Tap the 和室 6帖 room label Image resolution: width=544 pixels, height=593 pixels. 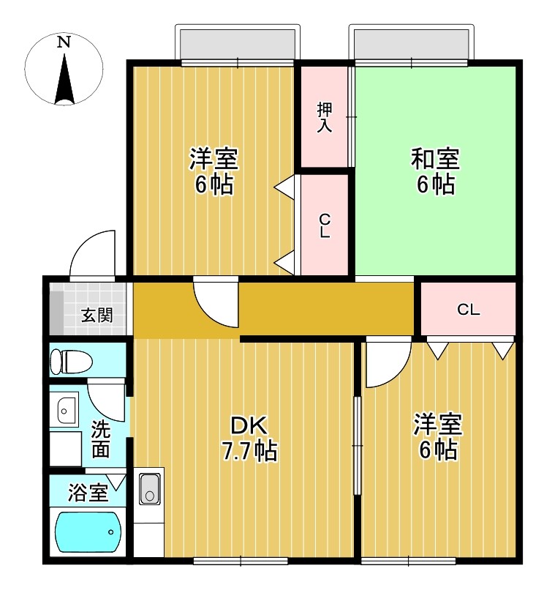(x=435, y=171)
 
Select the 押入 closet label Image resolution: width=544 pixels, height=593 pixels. (x=324, y=118)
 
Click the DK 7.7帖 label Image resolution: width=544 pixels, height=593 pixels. (x=249, y=438)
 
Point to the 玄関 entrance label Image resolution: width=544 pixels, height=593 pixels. (x=97, y=316)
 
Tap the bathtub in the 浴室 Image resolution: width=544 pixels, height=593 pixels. (x=88, y=533)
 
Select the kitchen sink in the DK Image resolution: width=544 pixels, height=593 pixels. (x=150, y=488)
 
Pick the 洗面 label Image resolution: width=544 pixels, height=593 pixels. (x=100, y=439)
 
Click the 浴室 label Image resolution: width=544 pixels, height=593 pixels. (x=88, y=493)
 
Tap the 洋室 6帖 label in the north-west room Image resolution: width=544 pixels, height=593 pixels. (x=213, y=171)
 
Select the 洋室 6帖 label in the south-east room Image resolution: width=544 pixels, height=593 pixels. (x=437, y=437)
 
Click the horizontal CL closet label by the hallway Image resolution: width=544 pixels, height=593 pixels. (x=468, y=310)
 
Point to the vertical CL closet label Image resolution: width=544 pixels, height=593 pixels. (x=324, y=226)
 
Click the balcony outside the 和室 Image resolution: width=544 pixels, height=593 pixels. (x=411, y=45)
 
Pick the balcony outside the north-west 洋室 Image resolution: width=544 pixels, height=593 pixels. (x=238, y=45)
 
